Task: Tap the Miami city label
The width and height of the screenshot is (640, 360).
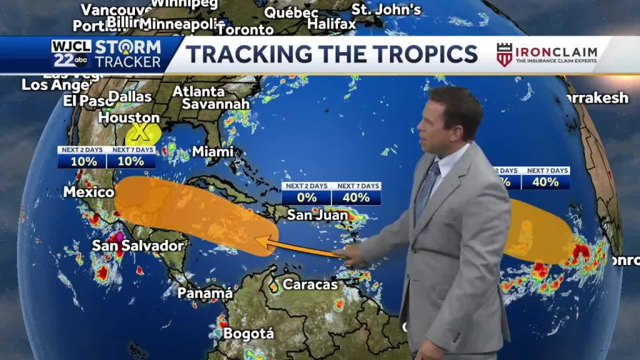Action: click(x=212, y=151)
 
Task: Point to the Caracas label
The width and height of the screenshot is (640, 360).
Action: click(x=310, y=284)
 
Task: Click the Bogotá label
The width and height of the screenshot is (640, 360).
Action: click(x=248, y=333)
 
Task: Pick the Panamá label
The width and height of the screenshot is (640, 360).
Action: click(x=205, y=292)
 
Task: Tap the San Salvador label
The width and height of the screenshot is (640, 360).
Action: click(x=138, y=245)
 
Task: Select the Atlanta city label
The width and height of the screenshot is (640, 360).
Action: click(x=198, y=91)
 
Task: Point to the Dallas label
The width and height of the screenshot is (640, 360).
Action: click(x=130, y=97)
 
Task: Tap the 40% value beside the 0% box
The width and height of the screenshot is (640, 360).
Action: click(x=356, y=197)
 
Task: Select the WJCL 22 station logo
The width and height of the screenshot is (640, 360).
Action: click(x=70, y=54)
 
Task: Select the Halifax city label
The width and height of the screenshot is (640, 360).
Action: click(x=331, y=24)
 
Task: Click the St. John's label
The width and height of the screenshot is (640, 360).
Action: click(x=386, y=9)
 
